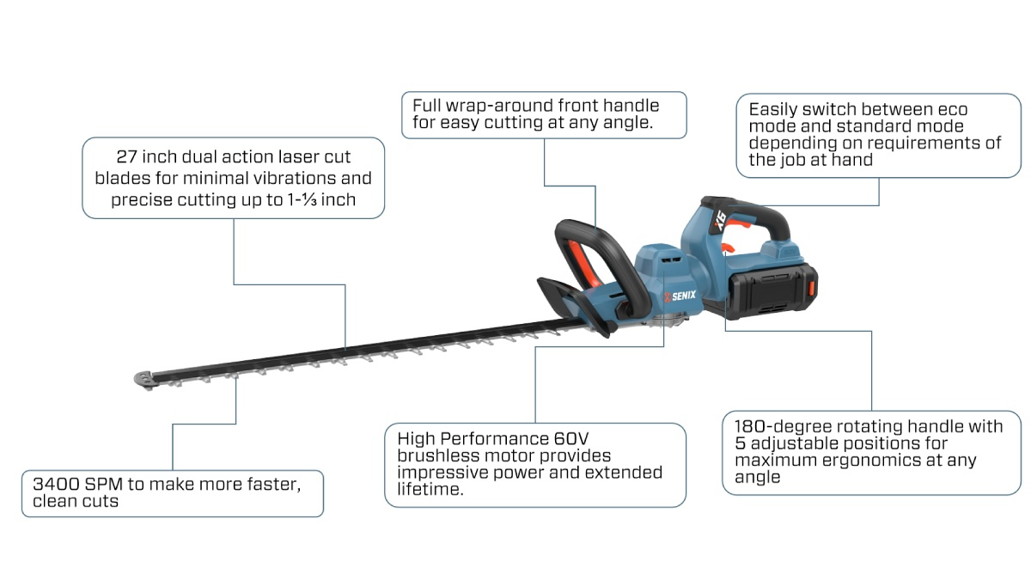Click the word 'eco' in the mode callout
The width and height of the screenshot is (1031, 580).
(x=951, y=110)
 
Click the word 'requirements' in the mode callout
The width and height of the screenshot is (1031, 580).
(x=930, y=143)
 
